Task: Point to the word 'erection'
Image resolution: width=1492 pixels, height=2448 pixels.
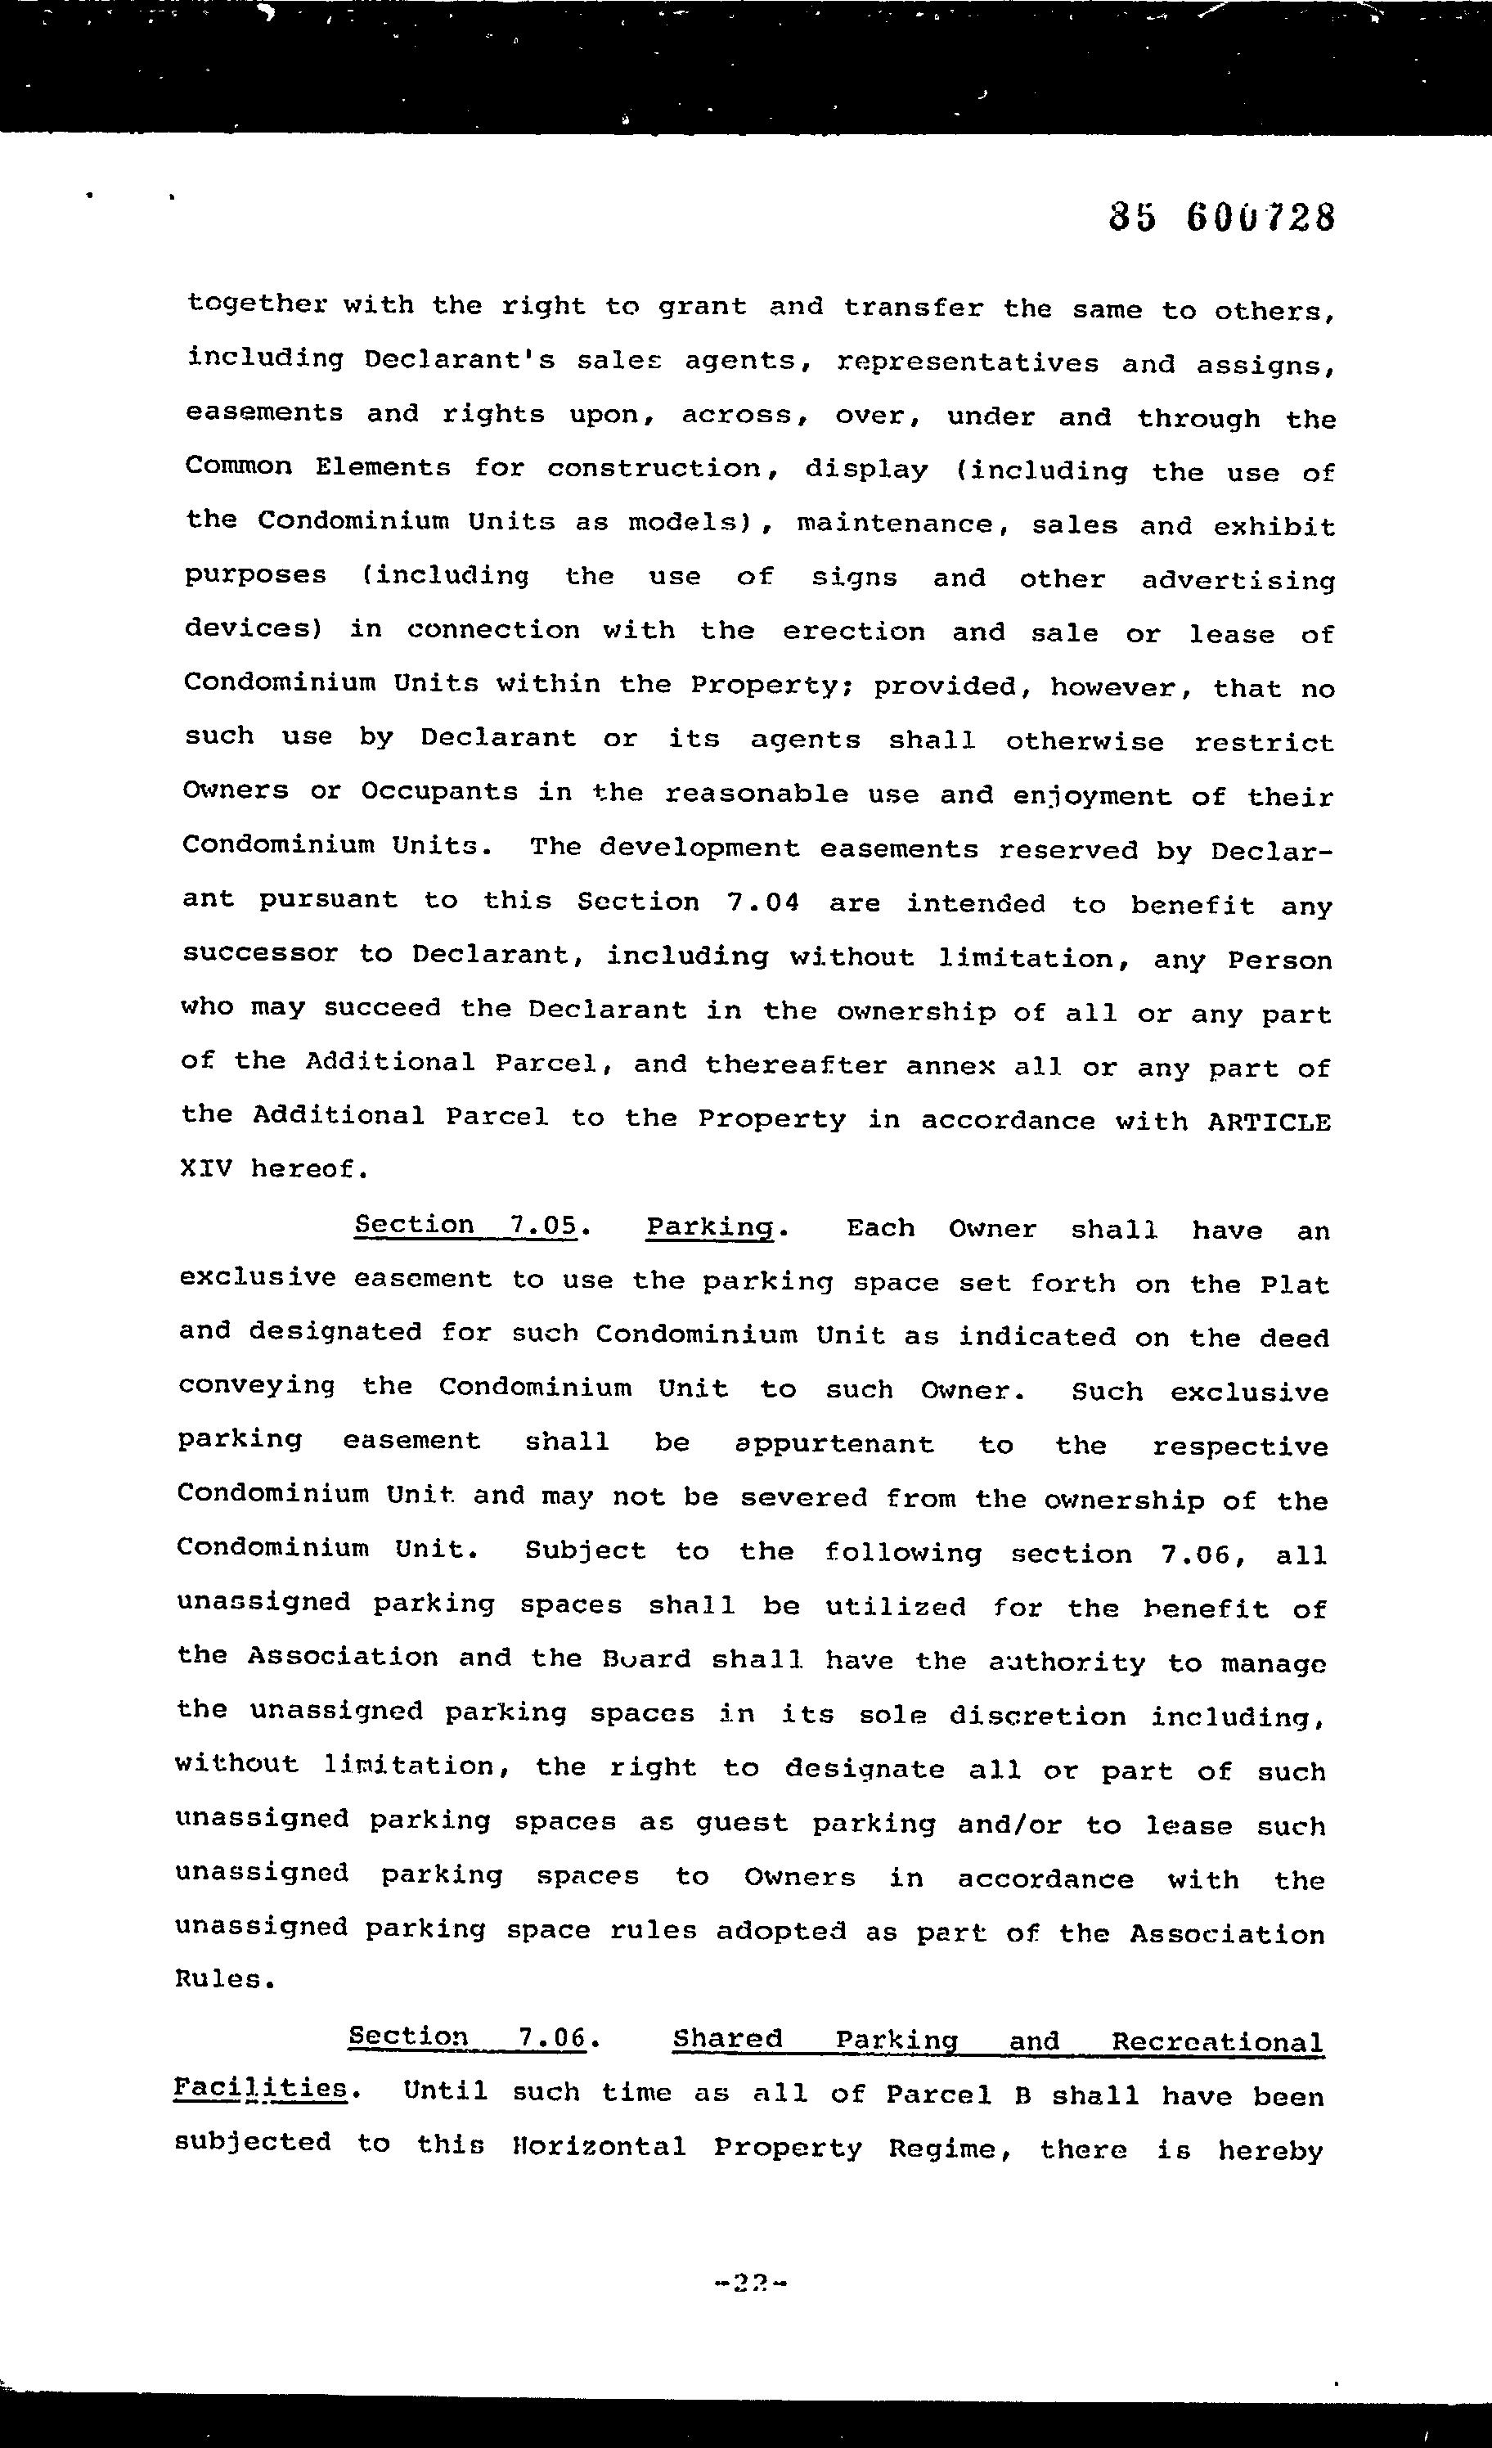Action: tap(853, 632)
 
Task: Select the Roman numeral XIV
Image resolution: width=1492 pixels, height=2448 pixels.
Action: tap(205, 1168)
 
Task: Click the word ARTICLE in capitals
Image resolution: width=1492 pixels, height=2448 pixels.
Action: tap(1269, 1122)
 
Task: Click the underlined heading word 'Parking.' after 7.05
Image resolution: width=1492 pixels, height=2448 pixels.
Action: tap(710, 1228)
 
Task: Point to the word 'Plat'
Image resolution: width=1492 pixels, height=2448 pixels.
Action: tap(1294, 1285)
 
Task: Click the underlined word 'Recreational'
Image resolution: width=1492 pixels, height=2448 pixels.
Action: tap(1217, 2044)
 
